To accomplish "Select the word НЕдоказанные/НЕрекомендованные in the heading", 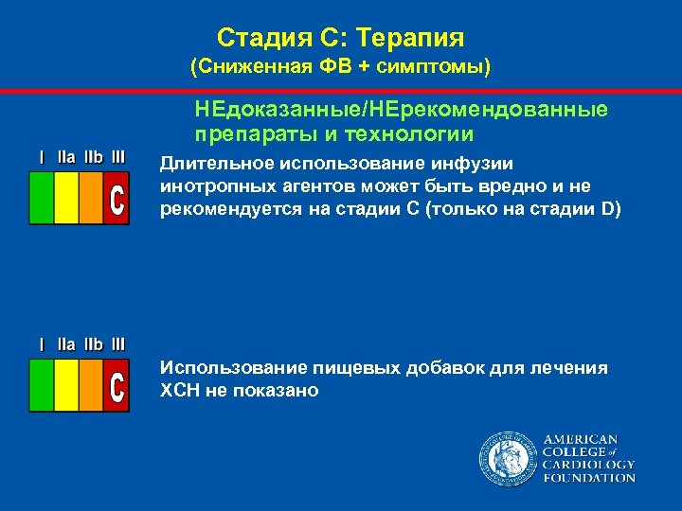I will pyautogui.click(x=403, y=110).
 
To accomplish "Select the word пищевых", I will pyautogui.click(x=328, y=368).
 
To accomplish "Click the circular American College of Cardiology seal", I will pyautogui.click(x=506, y=459).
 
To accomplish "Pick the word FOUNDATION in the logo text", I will pyautogui.click(x=589, y=478).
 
